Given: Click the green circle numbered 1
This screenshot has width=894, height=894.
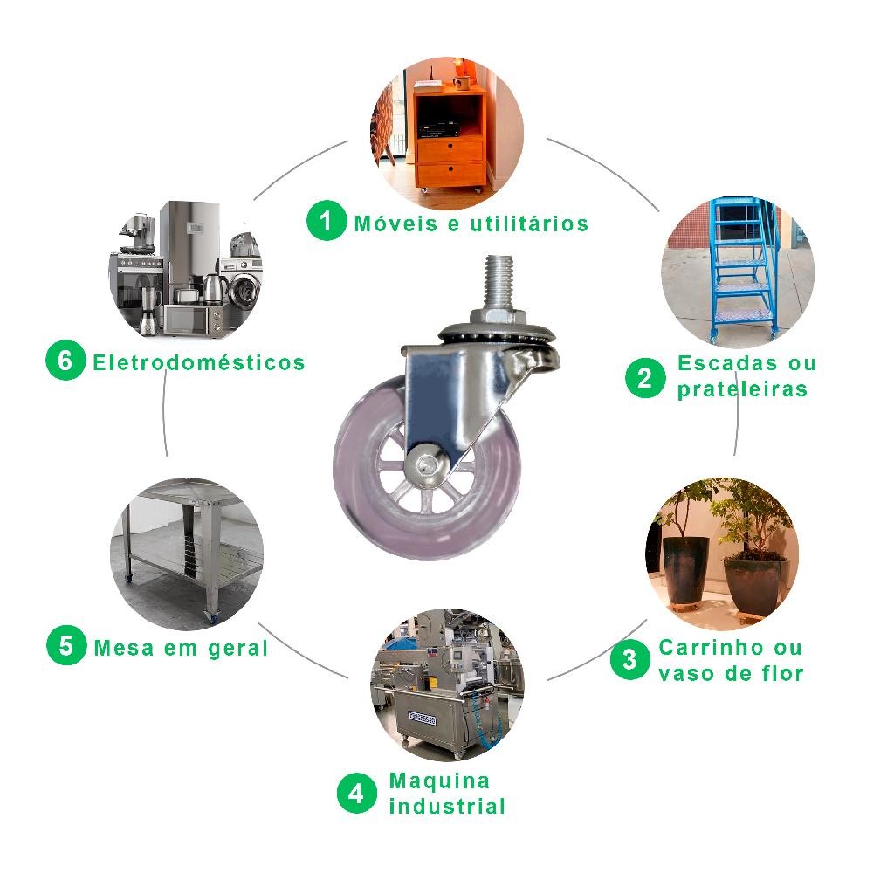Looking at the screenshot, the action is point(327,220).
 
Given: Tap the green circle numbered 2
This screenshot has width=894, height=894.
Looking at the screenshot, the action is point(645,377).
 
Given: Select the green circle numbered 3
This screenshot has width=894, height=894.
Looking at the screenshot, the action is point(630,659).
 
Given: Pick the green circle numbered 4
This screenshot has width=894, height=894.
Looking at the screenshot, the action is point(357,793).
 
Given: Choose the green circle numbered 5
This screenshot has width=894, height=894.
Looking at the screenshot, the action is point(66,645).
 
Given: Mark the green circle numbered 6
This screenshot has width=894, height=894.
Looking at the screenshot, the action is point(65,360).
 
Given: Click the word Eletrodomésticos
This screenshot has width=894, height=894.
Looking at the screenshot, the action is point(199,362).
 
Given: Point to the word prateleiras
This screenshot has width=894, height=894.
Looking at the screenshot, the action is point(742,389).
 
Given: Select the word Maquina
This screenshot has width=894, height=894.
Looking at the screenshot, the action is point(439,781).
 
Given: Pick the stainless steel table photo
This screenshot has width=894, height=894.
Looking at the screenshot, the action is point(187,554).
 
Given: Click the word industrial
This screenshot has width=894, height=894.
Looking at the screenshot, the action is point(448,806).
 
